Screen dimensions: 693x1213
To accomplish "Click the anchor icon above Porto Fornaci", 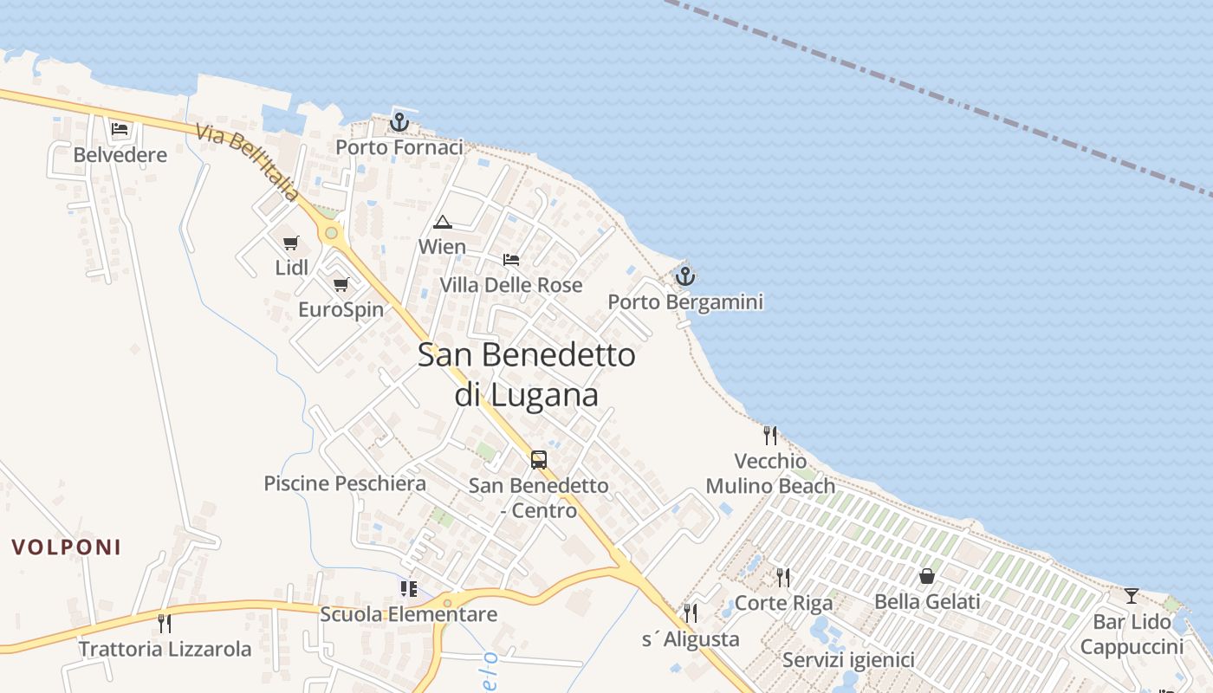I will (399, 122).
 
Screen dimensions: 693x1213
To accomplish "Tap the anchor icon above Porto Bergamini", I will (685, 276).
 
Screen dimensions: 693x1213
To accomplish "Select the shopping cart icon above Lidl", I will (291, 243).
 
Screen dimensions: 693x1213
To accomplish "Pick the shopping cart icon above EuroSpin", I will (341, 284).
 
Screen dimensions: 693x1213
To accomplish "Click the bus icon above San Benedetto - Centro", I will (539, 459).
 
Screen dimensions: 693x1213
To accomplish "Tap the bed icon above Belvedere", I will (120, 129).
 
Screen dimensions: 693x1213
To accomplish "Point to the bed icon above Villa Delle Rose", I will (511, 259).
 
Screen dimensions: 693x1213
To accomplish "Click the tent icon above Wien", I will (443, 222).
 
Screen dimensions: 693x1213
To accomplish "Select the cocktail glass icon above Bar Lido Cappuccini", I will (1132, 596).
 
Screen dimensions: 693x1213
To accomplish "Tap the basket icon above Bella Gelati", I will (927, 576).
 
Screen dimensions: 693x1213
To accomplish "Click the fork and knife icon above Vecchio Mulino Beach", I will (769, 435).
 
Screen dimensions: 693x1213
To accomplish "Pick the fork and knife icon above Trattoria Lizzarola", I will (165, 623).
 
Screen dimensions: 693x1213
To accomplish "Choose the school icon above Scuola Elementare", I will (408, 589).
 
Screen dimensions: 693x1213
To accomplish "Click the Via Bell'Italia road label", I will (247, 162).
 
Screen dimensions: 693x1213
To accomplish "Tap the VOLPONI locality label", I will (66, 547).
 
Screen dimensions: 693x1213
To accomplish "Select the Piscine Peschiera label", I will (345, 483).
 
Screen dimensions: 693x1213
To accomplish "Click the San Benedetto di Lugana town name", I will (527, 374).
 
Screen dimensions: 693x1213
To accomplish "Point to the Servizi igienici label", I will (848, 660).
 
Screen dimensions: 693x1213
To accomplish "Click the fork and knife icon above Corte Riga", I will (783, 577).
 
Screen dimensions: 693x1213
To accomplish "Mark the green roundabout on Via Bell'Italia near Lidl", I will (330, 233).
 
